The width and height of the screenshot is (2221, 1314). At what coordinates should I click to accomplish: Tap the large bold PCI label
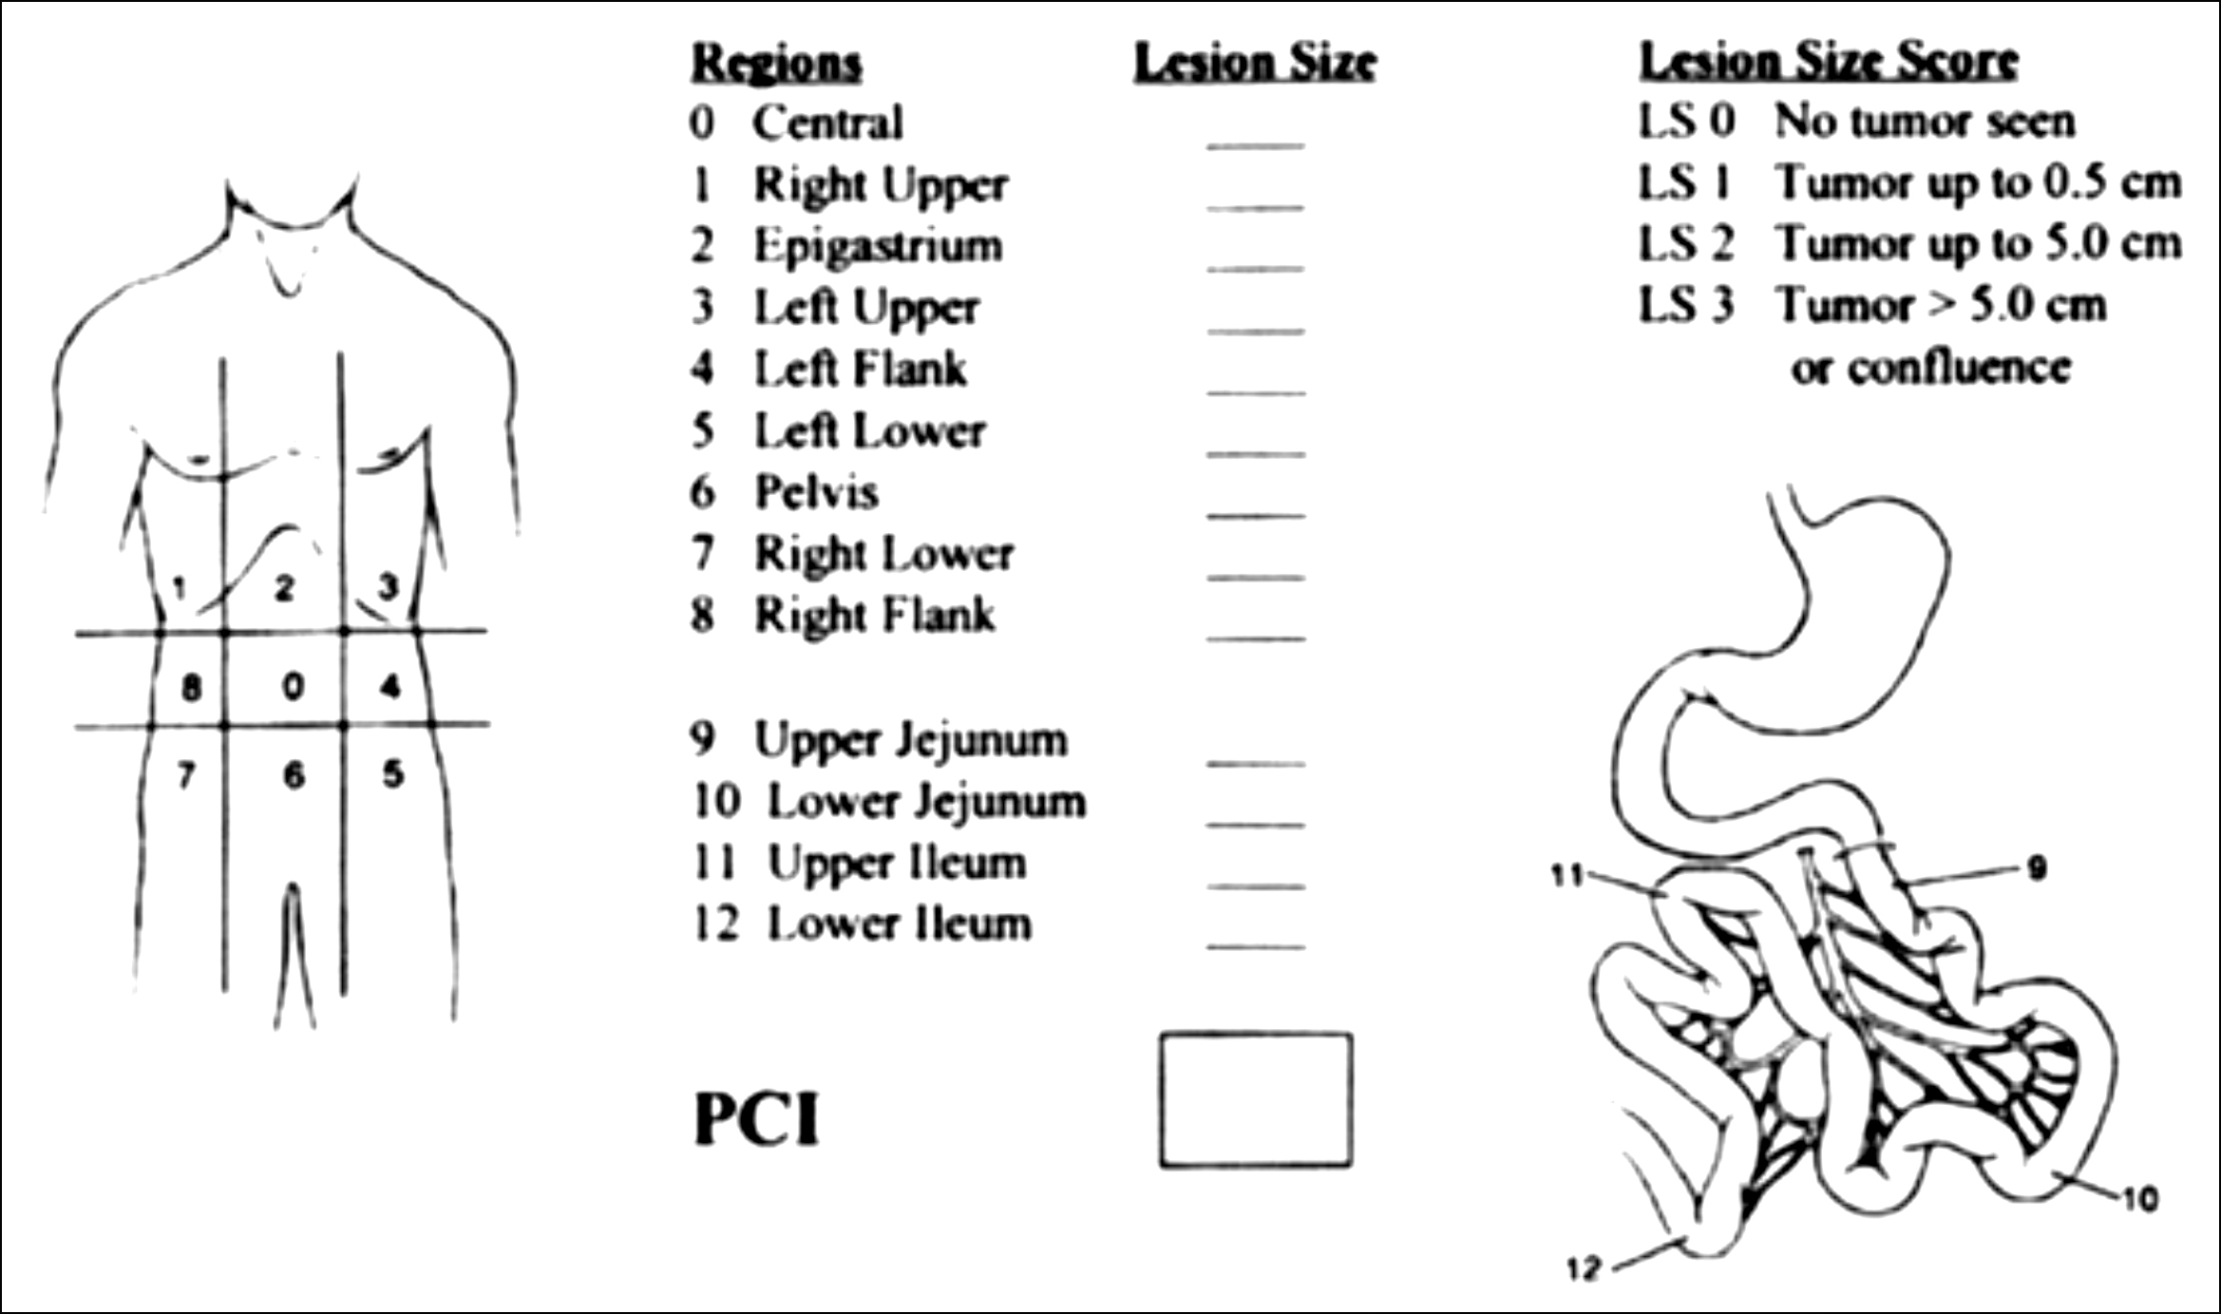(x=756, y=1119)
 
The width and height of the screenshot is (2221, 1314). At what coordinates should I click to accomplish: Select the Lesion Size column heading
(x=1255, y=63)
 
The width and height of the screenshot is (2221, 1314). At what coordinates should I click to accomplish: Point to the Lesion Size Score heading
(x=1829, y=61)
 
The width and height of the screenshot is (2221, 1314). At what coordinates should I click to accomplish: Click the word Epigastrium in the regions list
(x=878, y=245)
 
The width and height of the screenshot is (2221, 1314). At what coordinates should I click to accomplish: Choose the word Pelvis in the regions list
(x=816, y=492)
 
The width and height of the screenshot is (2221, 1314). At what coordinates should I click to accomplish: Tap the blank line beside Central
(x=1256, y=145)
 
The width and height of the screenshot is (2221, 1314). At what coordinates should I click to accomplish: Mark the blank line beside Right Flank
(x=1256, y=638)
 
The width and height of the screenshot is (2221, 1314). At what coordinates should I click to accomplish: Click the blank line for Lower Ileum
(x=1256, y=946)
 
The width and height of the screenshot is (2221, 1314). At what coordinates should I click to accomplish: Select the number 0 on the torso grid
(x=294, y=686)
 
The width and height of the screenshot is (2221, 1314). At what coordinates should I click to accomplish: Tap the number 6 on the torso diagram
(x=294, y=776)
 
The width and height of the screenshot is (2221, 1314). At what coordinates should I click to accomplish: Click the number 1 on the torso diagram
(x=180, y=588)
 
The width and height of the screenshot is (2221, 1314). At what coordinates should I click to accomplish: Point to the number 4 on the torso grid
(x=390, y=686)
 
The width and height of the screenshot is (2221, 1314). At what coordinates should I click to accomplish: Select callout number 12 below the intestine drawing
(x=1584, y=1268)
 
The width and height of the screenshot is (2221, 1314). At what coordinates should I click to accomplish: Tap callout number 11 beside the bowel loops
(x=1567, y=875)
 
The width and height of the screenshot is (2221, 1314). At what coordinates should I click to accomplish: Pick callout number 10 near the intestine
(x=2141, y=1200)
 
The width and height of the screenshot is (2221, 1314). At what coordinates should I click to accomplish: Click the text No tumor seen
(x=1924, y=122)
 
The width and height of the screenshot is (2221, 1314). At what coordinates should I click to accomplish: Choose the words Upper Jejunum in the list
(x=910, y=740)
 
